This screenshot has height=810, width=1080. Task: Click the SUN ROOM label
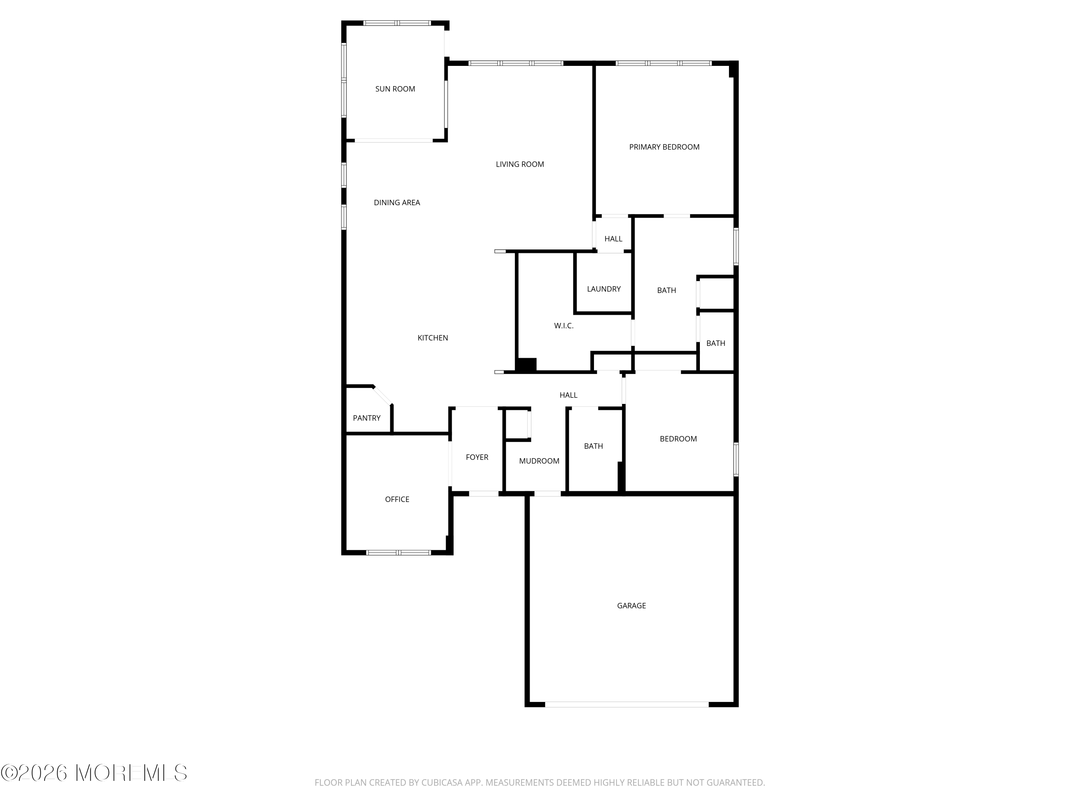pyautogui.click(x=395, y=89)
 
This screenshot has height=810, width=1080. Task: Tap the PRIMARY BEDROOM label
pyautogui.click(x=664, y=147)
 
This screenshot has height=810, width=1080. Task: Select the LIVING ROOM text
pyautogui.click(x=519, y=164)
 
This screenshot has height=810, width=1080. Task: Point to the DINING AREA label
pyautogui.click(x=396, y=203)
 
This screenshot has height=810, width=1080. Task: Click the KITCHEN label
pyautogui.click(x=433, y=338)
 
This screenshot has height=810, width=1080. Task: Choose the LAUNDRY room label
pyautogui.click(x=603, y=289)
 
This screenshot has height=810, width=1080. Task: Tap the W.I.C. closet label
pyautogui.click(x=563, y=326)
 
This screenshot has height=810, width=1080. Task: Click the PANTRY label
pyautogui.click(x=366, y=418)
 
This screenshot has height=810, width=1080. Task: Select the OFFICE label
pyautogui.click(x=397, y=499)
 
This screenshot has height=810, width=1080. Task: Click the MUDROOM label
pyautogui.click(x=539, y=461)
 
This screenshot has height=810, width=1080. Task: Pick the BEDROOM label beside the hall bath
pyautogui.click(x=678, y=438)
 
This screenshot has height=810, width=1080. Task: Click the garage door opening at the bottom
pyautogui.click(x=626, y=704)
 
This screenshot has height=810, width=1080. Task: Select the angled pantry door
pyautogui.click(x=383, y=396)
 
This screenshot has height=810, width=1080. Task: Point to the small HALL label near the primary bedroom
pyautogui.click(x=613, y=239)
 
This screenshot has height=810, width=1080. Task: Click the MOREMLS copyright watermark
pyautogui.click(x=94, y=773)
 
